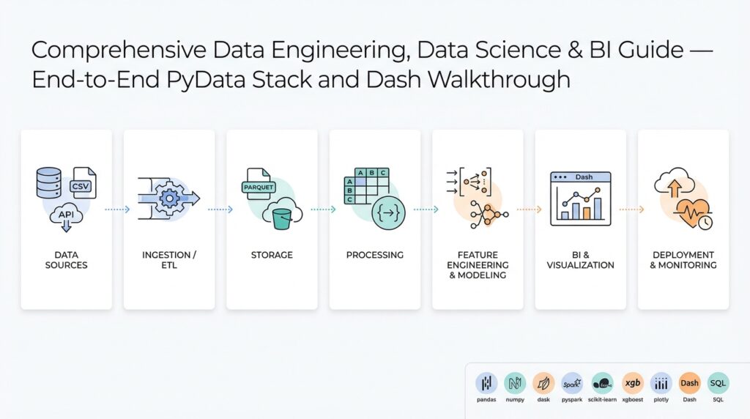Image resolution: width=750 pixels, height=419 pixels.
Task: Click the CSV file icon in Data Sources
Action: point(83,185)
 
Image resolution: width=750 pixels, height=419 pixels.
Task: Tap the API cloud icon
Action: point(66,215)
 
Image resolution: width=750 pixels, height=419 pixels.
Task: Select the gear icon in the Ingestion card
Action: point(170,198)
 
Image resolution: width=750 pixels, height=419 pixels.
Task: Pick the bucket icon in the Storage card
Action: point(283,216)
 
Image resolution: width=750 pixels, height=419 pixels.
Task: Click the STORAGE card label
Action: point(272,255)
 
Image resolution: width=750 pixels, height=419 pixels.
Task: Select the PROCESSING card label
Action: point(374,255)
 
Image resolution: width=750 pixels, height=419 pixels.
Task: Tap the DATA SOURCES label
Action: point(66,260)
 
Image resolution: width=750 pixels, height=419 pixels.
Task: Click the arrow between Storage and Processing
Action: point(323,209)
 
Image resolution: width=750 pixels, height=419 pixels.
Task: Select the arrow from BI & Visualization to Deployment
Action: point(631,209)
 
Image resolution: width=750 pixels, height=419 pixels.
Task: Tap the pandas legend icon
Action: point(486,382)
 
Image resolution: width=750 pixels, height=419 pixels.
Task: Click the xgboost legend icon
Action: point(633,382)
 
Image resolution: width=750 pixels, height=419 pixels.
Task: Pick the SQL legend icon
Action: point(718,382)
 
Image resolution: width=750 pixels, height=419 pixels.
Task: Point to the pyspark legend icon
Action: point(571,382)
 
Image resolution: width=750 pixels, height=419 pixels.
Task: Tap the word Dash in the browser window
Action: point(584,177)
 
